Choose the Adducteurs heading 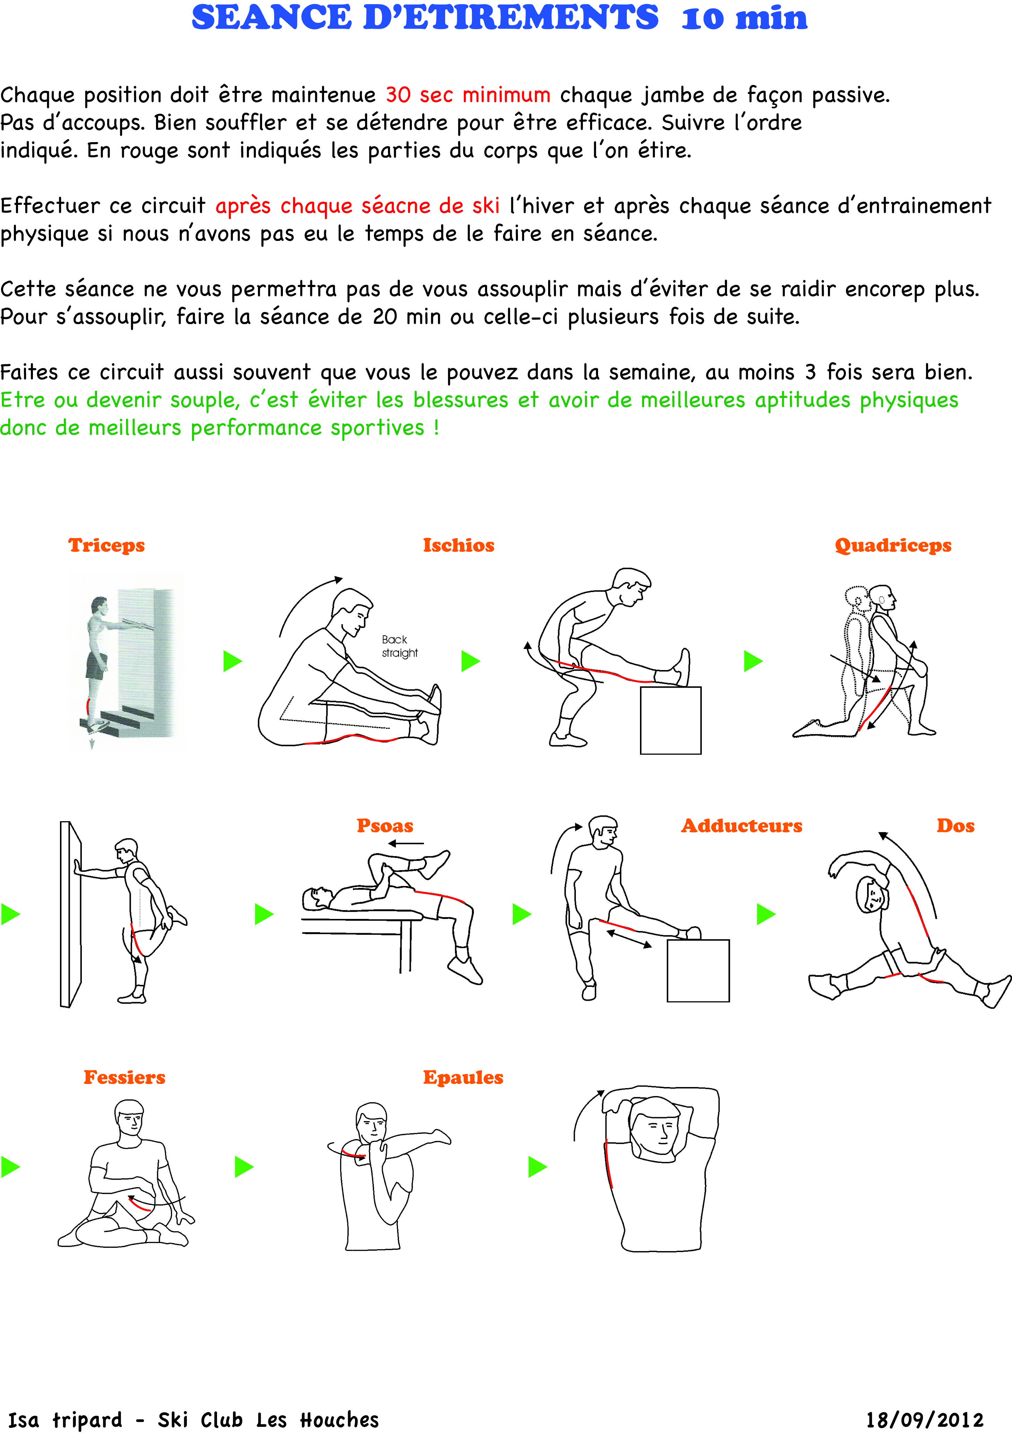tap(742, 826)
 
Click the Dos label tap(955, 826)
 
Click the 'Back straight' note tap(399, 646)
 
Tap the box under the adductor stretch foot tap(698, 971)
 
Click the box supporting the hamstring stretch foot tap(671, 720)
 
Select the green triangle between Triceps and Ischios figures tap(232, 661)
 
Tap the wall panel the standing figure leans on tap(70, 914)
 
